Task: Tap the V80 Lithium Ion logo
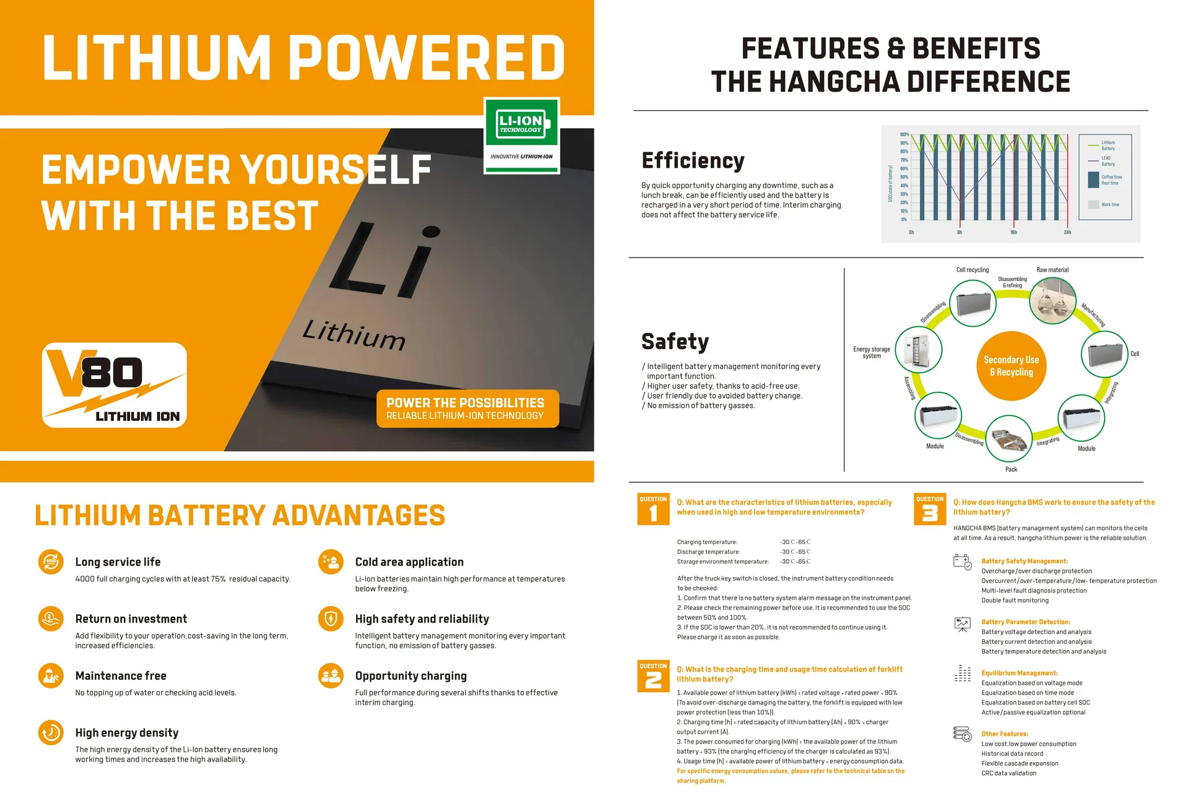click(x=115, y=384)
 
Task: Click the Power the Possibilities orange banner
click(x=467, y=409)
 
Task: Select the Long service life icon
click(x=51, y=562)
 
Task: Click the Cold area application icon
click(x=331, y=562)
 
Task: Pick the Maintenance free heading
click(x=121, y=676)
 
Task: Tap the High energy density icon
click(x=51, y=733)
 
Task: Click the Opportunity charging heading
click(x=411, y=676)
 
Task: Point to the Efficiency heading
click(x=693, y=161)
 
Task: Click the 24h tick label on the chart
click(x=1067, y=233)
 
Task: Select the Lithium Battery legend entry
click(x=1108, y=145)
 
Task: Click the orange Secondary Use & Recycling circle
click(x=1012, y=366)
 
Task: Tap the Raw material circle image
click(x=1052, y=301)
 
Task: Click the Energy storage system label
click(x=872, y=352)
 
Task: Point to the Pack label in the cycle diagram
click(x=1011, y=469)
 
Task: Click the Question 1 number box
click(x=653, y=509)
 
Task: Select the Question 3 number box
click(x=930, y=509)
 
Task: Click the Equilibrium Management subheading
click(x=1019, y=673)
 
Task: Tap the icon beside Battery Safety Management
click(x=962, y=562)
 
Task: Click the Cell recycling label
click(x=972, y=270)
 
